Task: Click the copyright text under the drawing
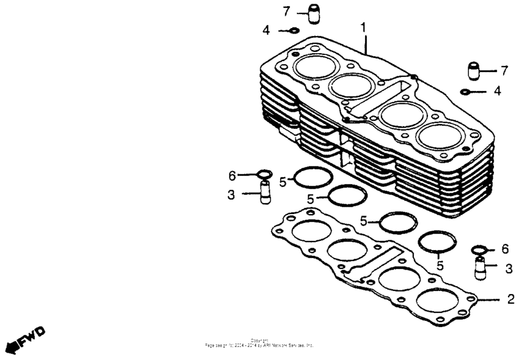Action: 259,342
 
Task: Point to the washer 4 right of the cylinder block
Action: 465,92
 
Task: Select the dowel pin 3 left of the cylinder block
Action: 264,194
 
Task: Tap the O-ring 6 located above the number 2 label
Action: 479,250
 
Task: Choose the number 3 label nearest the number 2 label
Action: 509,268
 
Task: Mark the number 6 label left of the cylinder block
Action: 231,176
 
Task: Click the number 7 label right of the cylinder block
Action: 504,71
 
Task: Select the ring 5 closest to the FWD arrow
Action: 313,178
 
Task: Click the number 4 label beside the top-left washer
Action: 266,30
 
